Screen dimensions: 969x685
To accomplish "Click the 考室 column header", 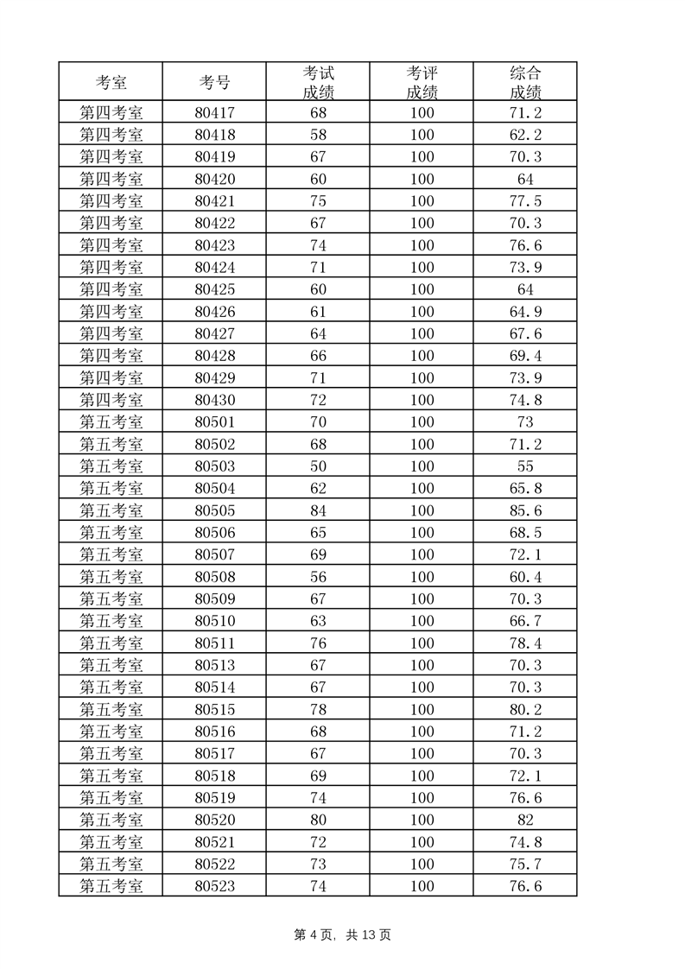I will (x=111, y=83).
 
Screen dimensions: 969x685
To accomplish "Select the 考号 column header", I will (x=214, y=83).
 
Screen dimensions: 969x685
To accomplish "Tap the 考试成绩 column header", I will (x=318, y=83).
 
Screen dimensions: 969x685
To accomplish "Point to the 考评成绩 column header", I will (x=422, y=83).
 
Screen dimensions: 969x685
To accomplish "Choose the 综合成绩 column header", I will (x=525, y=83).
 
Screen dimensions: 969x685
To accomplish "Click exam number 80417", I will (x=214, y=112).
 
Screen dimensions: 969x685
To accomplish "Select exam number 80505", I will (x=214, y=510).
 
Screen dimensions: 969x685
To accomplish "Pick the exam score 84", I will (x=318, y=510).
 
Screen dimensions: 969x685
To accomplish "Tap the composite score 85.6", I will (x=525, y=510).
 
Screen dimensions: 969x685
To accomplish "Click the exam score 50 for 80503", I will (x=318, y=466).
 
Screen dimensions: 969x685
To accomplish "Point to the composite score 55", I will (x=525, y=466).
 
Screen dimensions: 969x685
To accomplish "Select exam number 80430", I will (x=214, y=400).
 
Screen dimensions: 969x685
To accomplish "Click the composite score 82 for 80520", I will (x=525, y=820).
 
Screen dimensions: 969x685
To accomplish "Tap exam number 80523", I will (x=214, y=886).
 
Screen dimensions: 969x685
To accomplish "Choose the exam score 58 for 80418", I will (x=318, y=135).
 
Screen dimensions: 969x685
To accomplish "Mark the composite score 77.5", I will (x=525, y=201).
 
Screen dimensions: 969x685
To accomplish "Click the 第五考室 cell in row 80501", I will (x=111, y=422).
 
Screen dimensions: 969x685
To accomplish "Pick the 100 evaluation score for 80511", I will (x=422, y=643).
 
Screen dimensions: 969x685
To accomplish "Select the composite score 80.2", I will (x=525, y=710).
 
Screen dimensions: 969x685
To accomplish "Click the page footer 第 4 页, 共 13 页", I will (x=343, y=935).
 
